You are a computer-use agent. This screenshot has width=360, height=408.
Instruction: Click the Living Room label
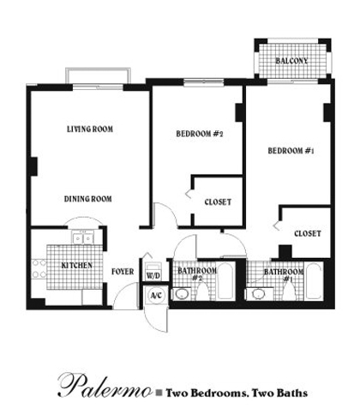(x=90, y=129)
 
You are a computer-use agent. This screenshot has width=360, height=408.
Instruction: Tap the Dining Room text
(x=88, y=199)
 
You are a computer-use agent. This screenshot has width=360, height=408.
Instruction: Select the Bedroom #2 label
(x=200, y=134)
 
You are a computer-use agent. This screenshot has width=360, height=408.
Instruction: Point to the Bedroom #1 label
(x=291, y=151)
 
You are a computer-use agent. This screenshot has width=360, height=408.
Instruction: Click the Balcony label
(x=291, y=61)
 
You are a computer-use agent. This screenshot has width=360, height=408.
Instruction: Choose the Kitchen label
(x=77, y=266)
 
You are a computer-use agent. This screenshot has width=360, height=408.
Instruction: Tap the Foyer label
(x=123, y=272)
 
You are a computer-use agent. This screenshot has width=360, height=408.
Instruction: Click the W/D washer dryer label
(x=153, y=276)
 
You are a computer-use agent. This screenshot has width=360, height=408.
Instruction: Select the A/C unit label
(x=156, y=296)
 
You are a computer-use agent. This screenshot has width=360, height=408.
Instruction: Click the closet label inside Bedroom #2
(x=218, y=202)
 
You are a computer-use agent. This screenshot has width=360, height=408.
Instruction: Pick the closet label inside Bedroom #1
(x=308, y=233)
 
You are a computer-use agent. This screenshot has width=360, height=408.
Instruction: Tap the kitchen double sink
(x=83, y=238)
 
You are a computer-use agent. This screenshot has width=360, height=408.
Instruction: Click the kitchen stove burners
(x=39, y=268)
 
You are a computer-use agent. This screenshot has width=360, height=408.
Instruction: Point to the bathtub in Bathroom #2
(x=225, y=281)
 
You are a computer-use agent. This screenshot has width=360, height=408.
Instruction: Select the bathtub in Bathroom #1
(x=314, y=281)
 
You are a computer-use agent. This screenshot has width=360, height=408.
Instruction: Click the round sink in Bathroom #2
(x=182, y=294)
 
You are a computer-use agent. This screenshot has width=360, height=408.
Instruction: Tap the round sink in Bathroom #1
(x=259, y=294)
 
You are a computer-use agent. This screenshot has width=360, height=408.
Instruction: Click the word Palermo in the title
(x=105, y=387)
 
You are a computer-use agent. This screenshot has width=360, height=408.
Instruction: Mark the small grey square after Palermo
(x=159, y=393)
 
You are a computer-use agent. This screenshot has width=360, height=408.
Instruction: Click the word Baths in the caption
(x=294, y=393)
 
